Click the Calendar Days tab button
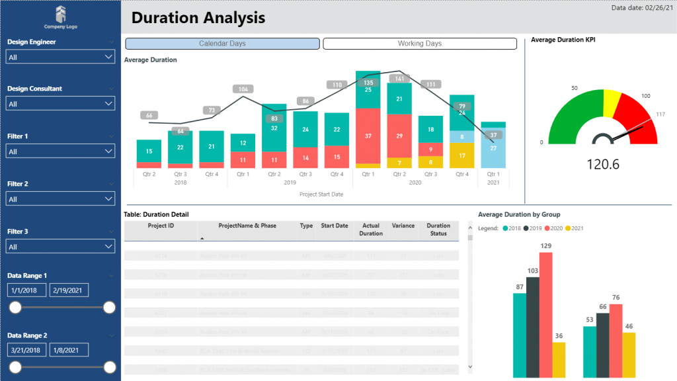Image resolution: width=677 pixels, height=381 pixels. coord(222,44)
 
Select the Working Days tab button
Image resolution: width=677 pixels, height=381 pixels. coord(420,44)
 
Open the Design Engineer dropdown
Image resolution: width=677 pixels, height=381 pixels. coord(60,58)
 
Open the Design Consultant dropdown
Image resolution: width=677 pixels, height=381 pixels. coord(60,104)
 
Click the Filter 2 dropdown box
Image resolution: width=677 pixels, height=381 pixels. coord(60,199)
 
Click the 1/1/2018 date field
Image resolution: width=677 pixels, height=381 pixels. coord(26,290)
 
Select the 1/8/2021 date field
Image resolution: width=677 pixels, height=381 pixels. coord(69,350)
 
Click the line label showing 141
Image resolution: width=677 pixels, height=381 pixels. coord(399,79)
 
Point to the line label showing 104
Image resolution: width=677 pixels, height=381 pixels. coord(243,89)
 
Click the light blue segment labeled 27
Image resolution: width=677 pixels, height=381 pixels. coord(493,148)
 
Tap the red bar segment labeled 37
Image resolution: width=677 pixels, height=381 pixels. coord(368,136)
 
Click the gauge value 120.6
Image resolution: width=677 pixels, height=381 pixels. coord(603,164)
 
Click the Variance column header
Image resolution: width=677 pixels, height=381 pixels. coord(403,226)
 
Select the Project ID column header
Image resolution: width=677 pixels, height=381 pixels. coord(161,226)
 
